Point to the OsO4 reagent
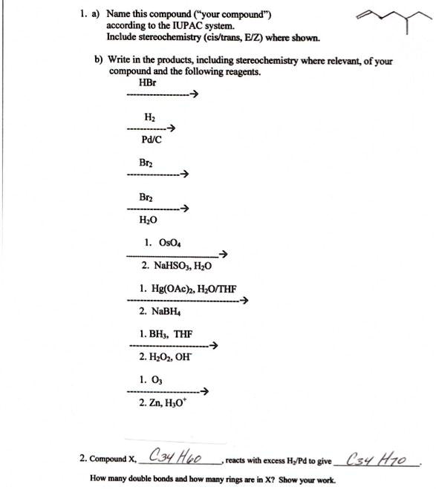162,243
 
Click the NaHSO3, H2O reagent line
176,265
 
